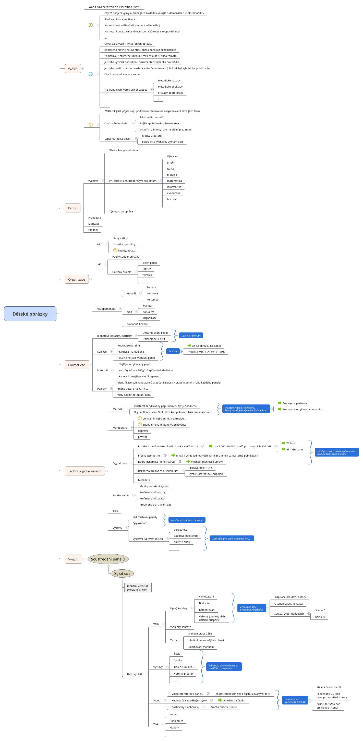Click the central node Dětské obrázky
(x=30, y=314)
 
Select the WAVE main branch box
(x=72, y=68)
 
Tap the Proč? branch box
(x=72, y=208)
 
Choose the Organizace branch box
(x=77, y=279)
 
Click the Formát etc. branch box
(x=77, y=364)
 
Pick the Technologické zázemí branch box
(x=84, y=471)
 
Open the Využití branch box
(x=73, y=559)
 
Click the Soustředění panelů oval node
(x=108, y=559)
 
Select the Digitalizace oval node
(x=122, y=573)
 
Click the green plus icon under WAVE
(x=91, y=25)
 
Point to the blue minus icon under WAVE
(x=91, y=74)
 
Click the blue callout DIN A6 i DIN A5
(x=191, y=336)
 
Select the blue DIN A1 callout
(x=173, y=351)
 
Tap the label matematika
(x=174, y=181)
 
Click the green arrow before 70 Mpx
(x=283, y=443)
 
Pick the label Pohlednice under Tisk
(x=176, y=721)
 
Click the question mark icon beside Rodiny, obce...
(x=115, y=250)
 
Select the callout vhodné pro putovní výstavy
(x=187, y=520)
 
